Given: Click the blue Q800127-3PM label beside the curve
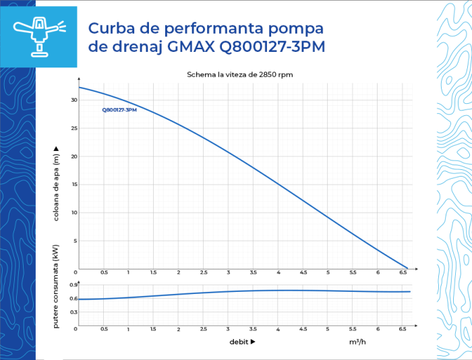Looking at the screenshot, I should click(119, 109).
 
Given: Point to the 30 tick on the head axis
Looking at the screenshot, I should click(74, 100).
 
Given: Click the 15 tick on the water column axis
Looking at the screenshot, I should click(74, 184).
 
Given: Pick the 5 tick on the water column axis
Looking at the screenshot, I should click(76, 241).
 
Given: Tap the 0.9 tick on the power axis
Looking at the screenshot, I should click(73, 285).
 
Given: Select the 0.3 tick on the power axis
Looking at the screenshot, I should click(73, 312).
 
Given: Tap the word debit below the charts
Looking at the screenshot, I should click(239, 342).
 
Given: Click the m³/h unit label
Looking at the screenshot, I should click(357, 342).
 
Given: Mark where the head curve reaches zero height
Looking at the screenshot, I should click(407, 268).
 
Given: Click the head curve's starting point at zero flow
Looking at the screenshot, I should click(79, 88).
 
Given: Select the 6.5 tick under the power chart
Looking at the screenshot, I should click(403, 329).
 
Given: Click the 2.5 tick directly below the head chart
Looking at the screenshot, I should click(203, 273).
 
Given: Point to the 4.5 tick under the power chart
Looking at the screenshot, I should click(303, 329).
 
